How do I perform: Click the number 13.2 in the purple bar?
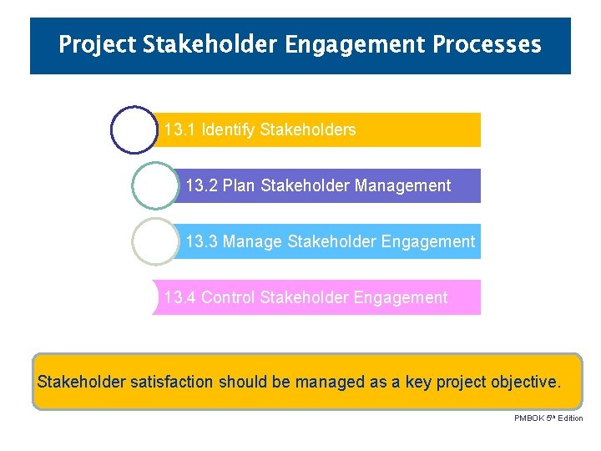click(x=201, y=185)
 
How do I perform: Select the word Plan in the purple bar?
click(x=239, y=185)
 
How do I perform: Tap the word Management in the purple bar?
click(x=402, y=185)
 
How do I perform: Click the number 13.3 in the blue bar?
click(x=201, y=242)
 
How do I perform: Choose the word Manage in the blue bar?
click(x=252, y=242)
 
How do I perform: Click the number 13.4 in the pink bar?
click(x=179, y=297)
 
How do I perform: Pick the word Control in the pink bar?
click(x=228, y=297)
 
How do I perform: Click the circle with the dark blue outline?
click(x=134, y=129)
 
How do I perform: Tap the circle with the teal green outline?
click(x=155, y=185)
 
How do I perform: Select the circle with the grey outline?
click(x=155, y=241)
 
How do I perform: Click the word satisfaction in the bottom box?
click(x=174, y=382)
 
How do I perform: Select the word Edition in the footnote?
click(x=570, y=418)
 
